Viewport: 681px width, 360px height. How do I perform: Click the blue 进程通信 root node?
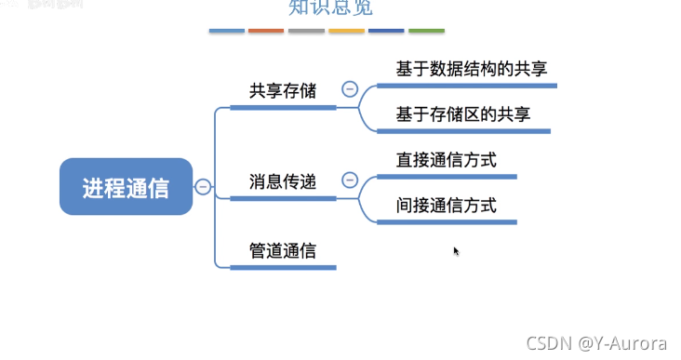(126, 187)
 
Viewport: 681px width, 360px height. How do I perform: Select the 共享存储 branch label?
(283, 91)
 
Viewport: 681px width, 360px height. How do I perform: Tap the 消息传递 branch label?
(283, 181)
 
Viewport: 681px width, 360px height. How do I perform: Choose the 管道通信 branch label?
(283, 250)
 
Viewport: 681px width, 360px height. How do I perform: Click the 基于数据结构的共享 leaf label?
(471, 69)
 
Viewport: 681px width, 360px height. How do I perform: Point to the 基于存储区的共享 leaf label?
(463, 114)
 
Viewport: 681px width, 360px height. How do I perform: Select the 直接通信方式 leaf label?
(446, 159)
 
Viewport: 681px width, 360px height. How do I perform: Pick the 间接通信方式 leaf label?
(446, 205)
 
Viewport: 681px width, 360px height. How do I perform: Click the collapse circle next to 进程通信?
(203, 187)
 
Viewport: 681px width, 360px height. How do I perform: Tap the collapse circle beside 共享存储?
(350, 90)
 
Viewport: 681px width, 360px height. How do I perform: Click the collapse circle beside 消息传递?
(350, 180)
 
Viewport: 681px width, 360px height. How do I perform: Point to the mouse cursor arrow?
(456, 250)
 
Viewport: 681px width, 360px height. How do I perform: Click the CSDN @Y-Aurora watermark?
(596, 342)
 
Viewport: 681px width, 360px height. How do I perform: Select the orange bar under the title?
(266, 32)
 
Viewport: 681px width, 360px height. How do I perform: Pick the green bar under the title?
(426, 32)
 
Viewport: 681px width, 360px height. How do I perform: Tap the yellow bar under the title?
(346, 32)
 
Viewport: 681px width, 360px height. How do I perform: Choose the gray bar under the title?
(306, 32)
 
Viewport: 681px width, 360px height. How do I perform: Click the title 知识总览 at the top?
(320, 8)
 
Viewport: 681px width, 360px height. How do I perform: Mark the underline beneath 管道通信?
(283, 268)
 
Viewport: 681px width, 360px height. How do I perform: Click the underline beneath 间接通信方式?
(446, 222)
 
